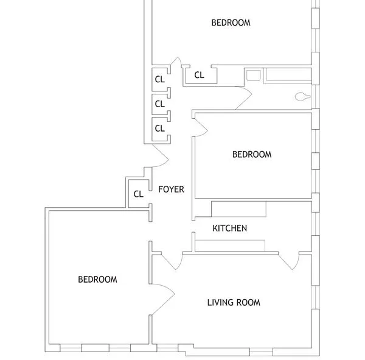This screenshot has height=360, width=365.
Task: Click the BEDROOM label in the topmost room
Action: [x=231, y=23]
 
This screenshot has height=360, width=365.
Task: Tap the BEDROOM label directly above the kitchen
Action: [x=252, y=155]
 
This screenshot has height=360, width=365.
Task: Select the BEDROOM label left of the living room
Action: [x=97, y=280]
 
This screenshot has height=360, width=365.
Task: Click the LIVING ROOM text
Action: [x=234, y=303]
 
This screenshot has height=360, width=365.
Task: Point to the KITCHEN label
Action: [x=229, y=228]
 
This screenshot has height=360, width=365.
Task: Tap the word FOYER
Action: [x=171, y=189]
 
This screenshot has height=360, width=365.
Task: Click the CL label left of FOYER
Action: [x=138, y=194]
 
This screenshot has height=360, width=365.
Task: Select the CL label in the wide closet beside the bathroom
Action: [x=199, y=76]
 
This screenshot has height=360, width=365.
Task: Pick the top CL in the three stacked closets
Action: [x=159, y=79]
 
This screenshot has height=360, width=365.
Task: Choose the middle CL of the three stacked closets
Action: [x=159, y=104]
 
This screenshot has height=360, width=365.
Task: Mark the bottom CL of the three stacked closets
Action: [x=159, y=129]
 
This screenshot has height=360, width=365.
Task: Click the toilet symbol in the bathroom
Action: [x=302, y=96]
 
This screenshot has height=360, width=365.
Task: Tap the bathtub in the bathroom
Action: [x=290, y=76]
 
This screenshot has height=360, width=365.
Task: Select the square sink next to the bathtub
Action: [x=253, y=76]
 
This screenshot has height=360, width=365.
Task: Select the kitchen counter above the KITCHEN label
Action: [x=238, y=209]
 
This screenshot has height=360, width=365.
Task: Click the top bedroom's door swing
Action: [x=177, y=62]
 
